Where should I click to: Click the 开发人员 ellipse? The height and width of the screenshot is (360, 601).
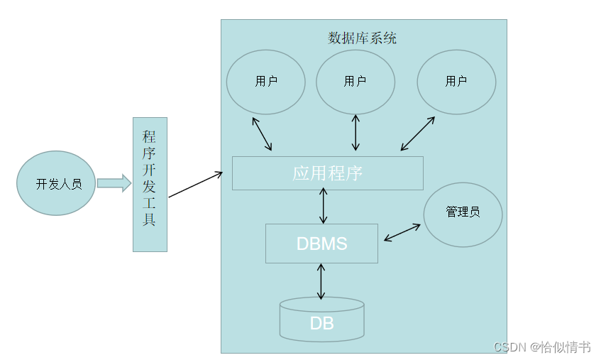click(57, 183)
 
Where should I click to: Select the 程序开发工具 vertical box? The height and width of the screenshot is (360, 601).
click(150, 185)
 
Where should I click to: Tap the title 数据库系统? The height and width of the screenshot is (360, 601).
click(362, 38)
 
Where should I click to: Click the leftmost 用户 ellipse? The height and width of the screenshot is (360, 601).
click(265, 82)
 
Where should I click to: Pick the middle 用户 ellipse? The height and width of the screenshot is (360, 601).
click(355, 82)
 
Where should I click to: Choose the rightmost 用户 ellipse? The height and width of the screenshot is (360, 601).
click(456, 82)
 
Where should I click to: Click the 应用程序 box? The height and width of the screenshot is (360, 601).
click(327, 173)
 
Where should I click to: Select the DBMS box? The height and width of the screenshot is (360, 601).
click(321, 244)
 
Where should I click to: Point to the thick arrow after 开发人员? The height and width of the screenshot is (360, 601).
click(114, 183)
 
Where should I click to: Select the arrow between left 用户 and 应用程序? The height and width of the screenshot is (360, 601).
click(261, 133)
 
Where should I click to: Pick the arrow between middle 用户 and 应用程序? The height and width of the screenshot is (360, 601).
click(355, 132)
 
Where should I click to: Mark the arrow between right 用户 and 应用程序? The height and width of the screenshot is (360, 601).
click(417, 133)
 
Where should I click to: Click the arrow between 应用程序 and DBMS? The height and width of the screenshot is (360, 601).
click(324, 207)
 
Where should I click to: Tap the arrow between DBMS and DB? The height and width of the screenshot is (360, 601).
click(321, 281)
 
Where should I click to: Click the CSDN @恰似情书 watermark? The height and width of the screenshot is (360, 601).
click(542, 347)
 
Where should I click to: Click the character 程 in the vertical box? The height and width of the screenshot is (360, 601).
click(150, 137)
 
